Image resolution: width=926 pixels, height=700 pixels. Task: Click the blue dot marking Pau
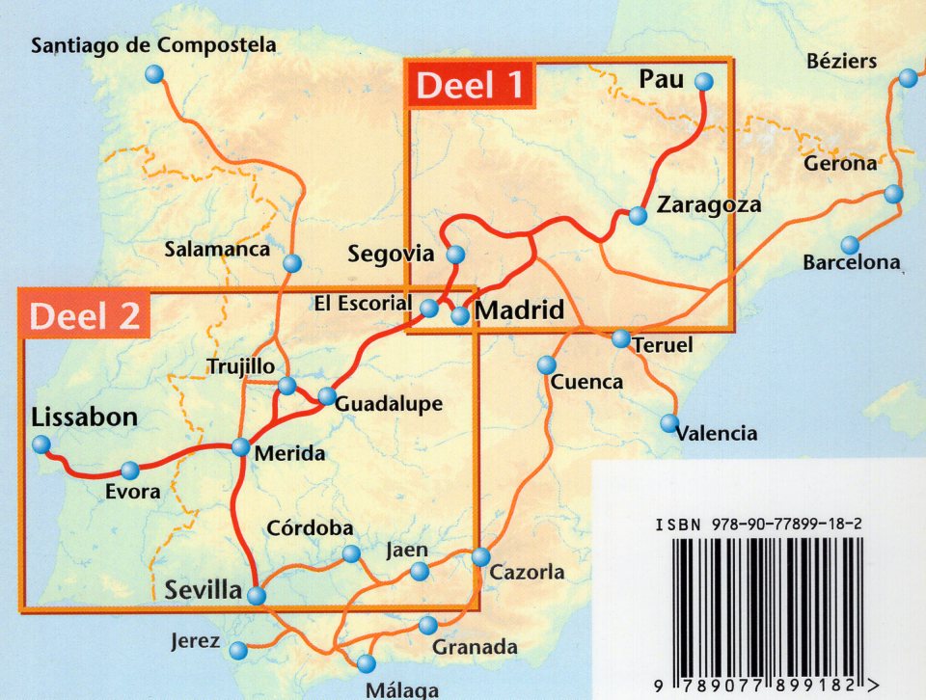coord(704,82)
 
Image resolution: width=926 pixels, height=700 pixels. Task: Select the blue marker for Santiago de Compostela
coord(153,75)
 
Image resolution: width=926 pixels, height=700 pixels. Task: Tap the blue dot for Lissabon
coord(41,444)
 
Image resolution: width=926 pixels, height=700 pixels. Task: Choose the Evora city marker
coord(130,471)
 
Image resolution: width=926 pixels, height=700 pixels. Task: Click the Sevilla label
coord(203,589)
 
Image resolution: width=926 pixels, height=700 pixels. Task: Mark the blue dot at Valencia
coord(669,423)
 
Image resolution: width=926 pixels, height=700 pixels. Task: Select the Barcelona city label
coord(852,261)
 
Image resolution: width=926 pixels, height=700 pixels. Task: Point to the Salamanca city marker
coord(292,263)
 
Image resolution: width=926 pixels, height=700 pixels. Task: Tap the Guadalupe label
coord(389,404)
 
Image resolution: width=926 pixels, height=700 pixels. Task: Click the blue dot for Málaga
coord(366,663)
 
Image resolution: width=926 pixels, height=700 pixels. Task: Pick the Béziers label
coord(841,62)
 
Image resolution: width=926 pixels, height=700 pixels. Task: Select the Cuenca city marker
coord(547,364)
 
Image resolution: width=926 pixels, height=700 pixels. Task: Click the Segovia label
coord(391,255)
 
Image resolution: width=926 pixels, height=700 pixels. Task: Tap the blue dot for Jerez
coord(240,652)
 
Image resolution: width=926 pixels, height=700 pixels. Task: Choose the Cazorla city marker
coord(480,557)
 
